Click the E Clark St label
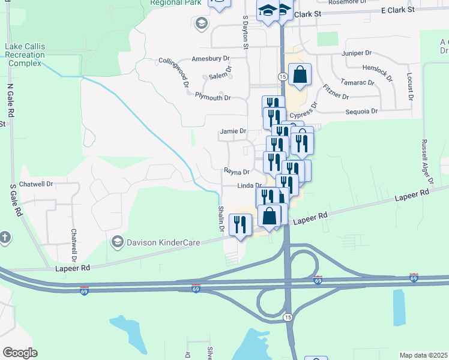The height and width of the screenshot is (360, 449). click(x=398, y=10)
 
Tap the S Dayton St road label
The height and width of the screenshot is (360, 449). click(x=245, y=32)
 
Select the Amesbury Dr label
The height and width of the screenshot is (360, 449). click(x=211, y=59)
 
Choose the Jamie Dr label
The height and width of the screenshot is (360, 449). click(x=234, y=131)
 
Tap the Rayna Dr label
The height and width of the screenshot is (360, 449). click(x=237, y=172)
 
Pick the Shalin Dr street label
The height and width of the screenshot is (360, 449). click(x=221, y=218)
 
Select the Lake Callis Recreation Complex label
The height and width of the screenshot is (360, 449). click(x=24, y=55)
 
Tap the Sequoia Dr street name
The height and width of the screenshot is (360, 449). click(x=362, y=112)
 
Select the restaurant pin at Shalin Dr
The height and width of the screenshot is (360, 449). click(x=240, y=225)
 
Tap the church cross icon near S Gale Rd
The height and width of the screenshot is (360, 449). click(x=5, y=237)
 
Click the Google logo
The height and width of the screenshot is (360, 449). click(x=20, y=353)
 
